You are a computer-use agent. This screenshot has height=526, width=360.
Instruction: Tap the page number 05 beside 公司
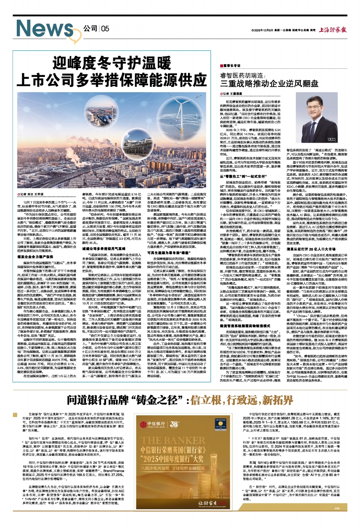[x=105, y=29]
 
